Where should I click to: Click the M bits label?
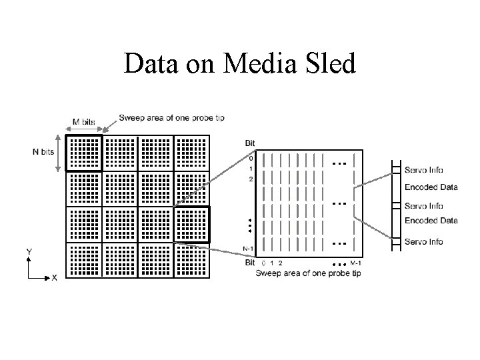[x=83, y=122]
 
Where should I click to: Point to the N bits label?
[x=43, y=152]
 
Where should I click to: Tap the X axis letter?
[x=54, y=278]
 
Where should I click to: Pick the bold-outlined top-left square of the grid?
[x=84, y=153]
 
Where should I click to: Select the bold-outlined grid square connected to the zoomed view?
[x=191, y=225]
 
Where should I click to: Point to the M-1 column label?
[x=355, y=263]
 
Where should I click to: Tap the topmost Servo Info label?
[x=423, y=170]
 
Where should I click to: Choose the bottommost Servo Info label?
[x=423, y=242]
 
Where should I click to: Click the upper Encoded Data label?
[x=431, y=187]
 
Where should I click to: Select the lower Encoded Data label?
[x=431, y=221]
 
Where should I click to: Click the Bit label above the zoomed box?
[x=250, y=144]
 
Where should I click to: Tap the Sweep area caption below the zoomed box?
[x=308, y=273]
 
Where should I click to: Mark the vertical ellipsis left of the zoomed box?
[x=249, y=225]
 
